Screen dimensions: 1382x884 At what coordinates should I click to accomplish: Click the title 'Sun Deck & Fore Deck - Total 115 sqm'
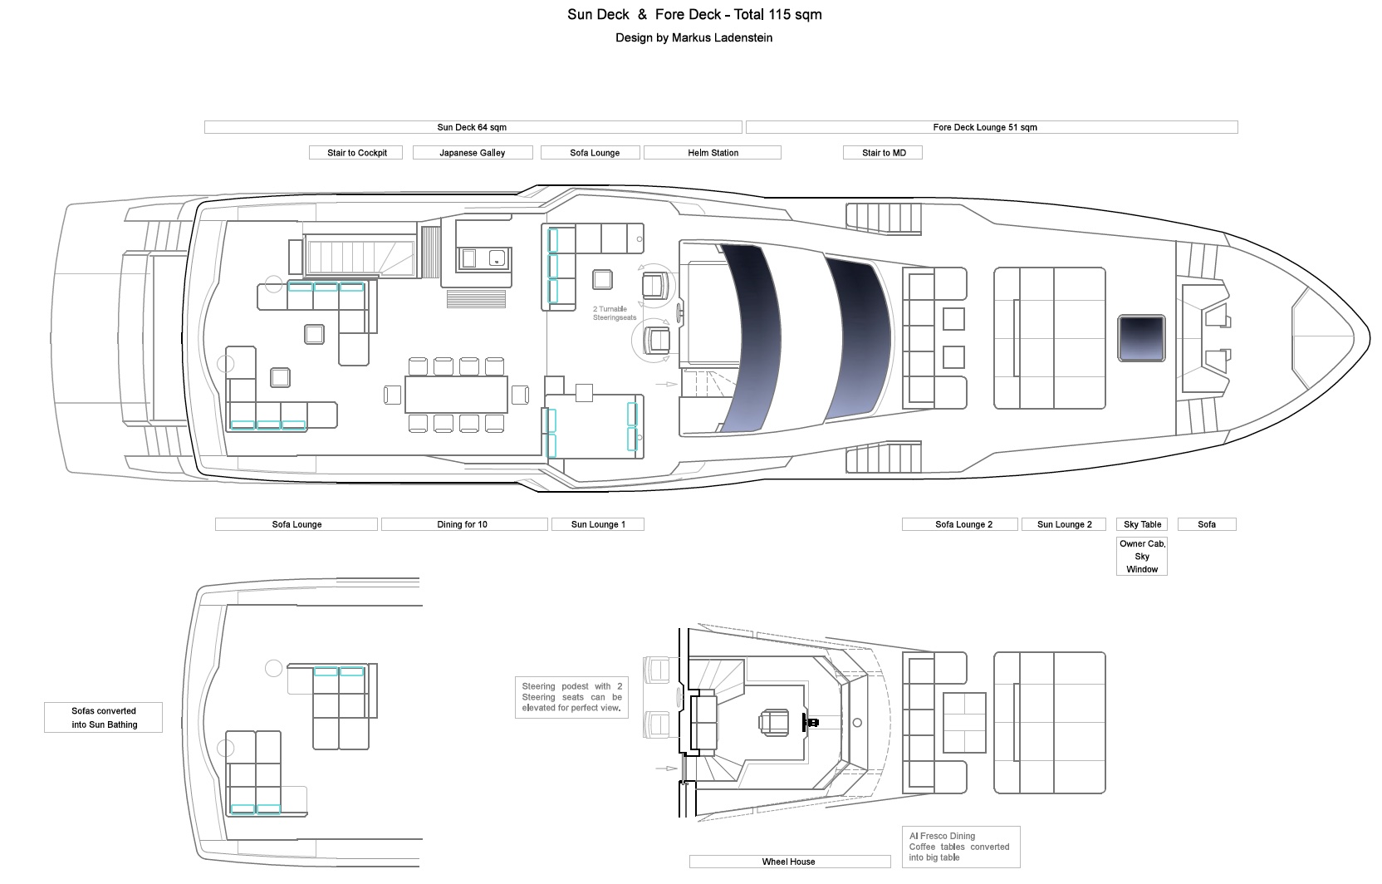point(694,14)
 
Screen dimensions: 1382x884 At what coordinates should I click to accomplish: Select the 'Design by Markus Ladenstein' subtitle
point(693,37)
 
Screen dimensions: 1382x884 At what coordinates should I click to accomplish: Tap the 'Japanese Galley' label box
point(473,153)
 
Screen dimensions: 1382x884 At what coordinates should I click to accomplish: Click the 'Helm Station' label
point(713,153)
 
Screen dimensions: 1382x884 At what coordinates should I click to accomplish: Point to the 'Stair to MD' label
point(883,153)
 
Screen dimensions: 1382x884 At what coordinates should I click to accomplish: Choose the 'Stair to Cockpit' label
point(356,153)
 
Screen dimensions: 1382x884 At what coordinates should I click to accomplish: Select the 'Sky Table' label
point(1142,524)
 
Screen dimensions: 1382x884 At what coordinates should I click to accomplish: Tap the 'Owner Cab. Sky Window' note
point(1142,556)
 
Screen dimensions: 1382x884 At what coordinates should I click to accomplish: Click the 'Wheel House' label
point(790,862)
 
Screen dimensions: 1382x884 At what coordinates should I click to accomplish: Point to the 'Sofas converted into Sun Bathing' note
point(104,717)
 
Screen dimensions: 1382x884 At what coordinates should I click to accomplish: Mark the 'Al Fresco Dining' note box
point(961,847)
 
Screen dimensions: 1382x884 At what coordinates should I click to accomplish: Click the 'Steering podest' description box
point(572,697)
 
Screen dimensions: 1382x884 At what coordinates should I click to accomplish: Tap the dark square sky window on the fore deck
point(1141,338)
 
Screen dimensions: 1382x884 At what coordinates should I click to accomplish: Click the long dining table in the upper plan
point(457,395)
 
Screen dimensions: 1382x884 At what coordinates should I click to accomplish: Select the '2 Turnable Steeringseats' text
point(614,313)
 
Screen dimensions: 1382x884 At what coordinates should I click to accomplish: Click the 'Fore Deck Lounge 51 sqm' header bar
point(992,127)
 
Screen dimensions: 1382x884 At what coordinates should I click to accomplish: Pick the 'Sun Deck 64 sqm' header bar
point(473,127)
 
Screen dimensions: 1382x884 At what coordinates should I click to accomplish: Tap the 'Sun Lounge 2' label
point(1065,524)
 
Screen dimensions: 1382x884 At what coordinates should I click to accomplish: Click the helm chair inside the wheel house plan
point(774,722)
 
